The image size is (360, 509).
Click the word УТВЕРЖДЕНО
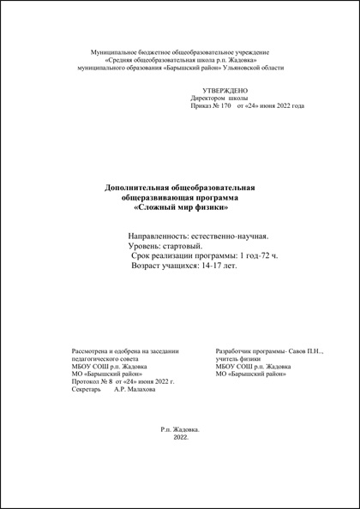click(225, 90)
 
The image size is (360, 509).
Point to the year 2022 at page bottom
click(180, 437)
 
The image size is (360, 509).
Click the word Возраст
click(149, 266)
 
